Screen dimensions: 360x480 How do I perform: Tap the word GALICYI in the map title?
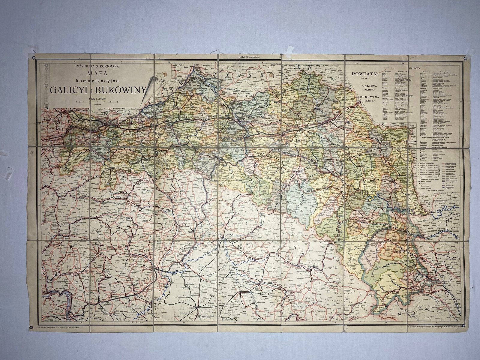click(x=70, y=89)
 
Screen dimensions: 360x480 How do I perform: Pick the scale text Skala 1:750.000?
click(x=98, y=98)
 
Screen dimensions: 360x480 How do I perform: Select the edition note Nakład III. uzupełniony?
click(x=249, y=57)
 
